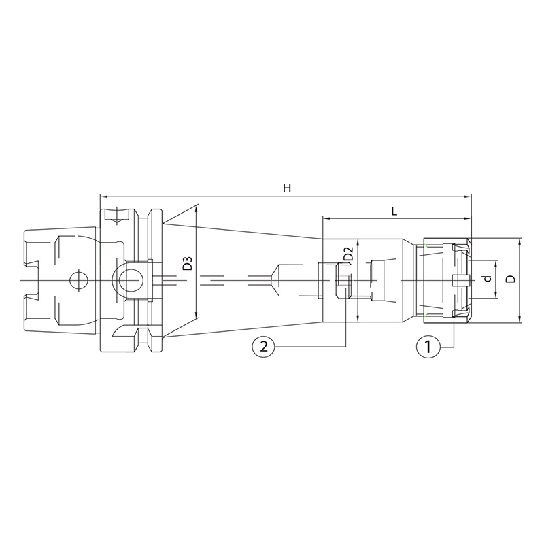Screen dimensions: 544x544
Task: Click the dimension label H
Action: pos(286,188)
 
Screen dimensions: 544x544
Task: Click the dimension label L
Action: pos(394,211)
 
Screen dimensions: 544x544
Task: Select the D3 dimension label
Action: pos(188,263)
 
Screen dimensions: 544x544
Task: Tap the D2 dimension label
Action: pos(348,253)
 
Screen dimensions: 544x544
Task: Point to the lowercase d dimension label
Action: pos(488,279)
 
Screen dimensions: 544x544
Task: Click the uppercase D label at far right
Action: pos(511,279)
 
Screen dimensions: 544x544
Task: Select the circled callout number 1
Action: pos(428,346)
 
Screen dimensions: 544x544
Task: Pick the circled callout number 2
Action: pos(264,346)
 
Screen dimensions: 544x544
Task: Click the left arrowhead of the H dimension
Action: pos(103,197)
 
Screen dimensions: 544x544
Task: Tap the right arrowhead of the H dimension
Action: pos(469,197)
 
